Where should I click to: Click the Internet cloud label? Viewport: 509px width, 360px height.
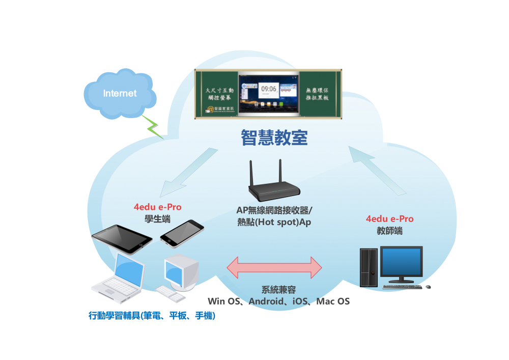point(120,94)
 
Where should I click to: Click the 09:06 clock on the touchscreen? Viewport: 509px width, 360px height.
point(269,89)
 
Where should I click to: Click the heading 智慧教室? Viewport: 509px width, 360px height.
point(274,137)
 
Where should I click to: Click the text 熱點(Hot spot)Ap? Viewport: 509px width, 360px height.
point(274,222)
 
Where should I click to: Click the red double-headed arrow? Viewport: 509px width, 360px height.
point(274,267)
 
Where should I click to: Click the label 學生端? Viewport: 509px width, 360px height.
point(157,218)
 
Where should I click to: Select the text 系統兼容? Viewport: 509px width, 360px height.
point(278,290)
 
